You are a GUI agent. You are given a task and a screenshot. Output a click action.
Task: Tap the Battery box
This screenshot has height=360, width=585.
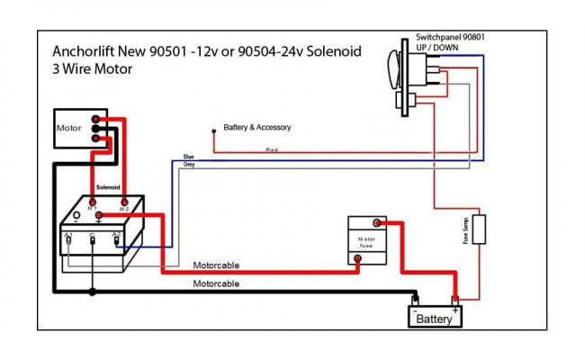[434, 319]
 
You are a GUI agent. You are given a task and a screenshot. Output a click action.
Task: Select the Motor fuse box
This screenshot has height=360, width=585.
[366, 240]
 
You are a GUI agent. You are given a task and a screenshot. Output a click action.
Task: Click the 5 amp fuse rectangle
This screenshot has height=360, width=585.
[480, 230]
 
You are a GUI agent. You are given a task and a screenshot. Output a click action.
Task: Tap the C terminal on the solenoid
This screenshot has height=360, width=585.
[92, 237]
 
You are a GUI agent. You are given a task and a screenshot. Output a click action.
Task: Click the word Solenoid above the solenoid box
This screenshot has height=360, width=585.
[108, 188]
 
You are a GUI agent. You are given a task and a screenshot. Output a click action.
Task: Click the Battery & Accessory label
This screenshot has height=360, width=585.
[257, 128]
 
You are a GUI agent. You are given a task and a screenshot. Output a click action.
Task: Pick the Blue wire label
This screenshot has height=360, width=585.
[188, 157]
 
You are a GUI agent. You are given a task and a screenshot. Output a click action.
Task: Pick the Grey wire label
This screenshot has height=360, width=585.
[189, 165]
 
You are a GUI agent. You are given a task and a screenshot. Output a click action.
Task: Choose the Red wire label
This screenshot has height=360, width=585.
[271, 149]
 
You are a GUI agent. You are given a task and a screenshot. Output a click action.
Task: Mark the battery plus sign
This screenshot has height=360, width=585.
[455, 309]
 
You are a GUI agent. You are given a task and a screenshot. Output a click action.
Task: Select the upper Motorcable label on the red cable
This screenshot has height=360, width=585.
[216, 265]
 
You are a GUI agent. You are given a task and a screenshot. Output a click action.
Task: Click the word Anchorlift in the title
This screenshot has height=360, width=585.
[83, 51]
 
